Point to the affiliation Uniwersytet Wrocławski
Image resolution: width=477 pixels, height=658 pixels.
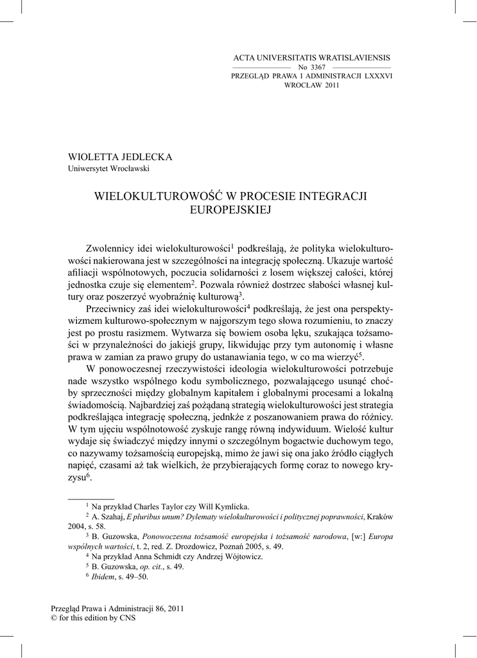[109, 169]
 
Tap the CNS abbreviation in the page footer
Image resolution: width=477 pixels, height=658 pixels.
[127, 618]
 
